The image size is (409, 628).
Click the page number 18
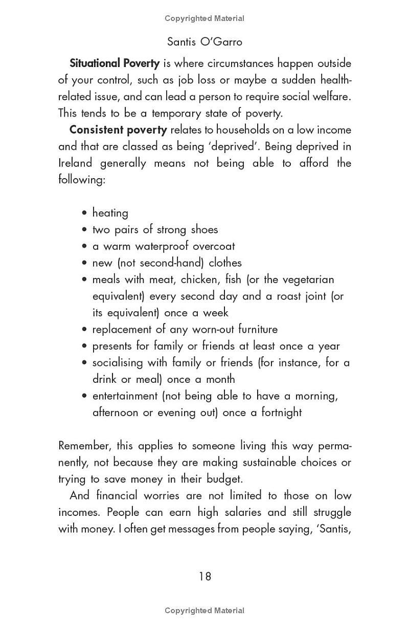coord(204,576)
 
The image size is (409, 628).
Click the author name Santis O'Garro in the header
coord(204,41)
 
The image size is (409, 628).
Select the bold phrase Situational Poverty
coord(115,63)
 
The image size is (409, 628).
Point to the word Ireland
coord(75,163)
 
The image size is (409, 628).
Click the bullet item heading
coord(110,213)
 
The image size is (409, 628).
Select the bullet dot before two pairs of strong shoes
coord(84,230)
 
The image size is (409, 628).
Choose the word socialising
coord(118,363)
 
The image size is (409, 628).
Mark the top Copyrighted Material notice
coord(204,18)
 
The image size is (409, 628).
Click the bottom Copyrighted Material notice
coord(204,610)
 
